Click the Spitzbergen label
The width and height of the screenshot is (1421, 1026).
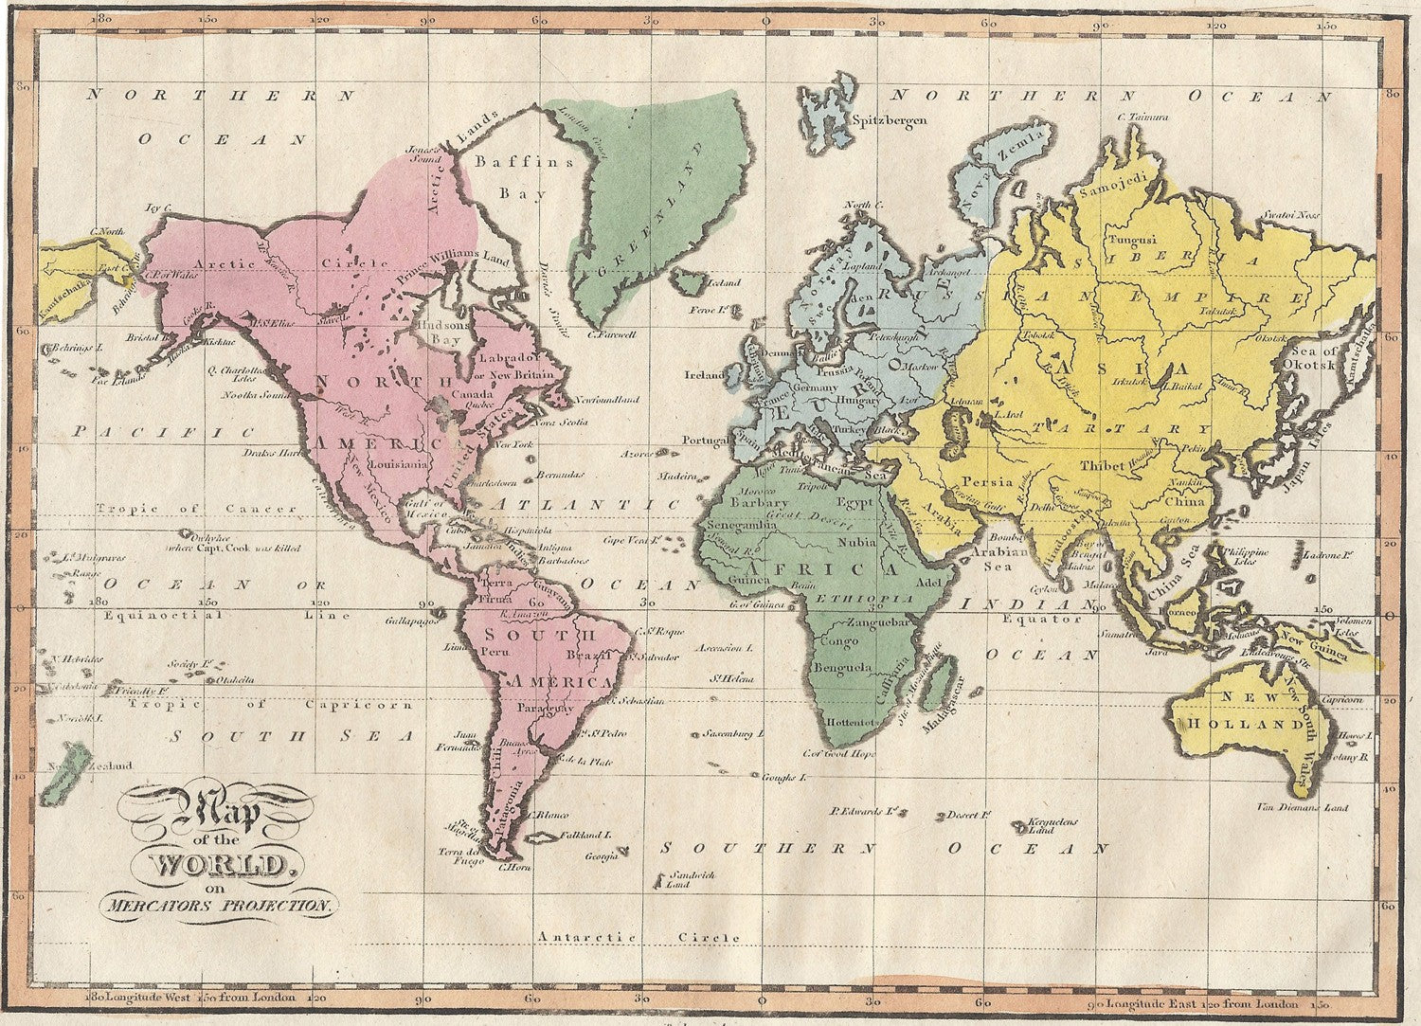[889, 120]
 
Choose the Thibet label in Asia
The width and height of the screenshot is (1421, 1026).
[1102, 465]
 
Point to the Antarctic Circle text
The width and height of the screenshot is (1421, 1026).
[639, 936]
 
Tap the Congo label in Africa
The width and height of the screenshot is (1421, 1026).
[840, 641]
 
